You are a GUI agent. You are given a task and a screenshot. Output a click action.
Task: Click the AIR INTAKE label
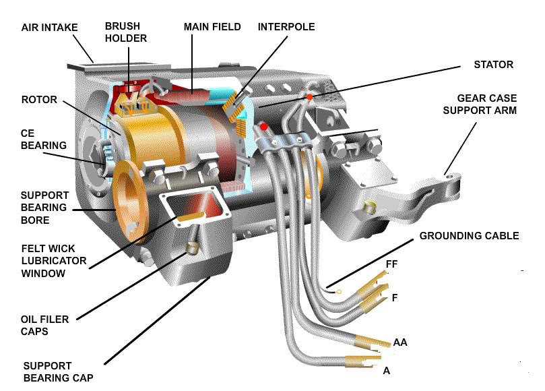click(49, 28)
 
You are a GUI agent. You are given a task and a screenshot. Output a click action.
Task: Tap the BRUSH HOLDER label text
click(125, 32)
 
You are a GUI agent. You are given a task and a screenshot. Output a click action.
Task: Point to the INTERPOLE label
click(286, 27)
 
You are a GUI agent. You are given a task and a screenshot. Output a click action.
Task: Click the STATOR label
click(494, 65)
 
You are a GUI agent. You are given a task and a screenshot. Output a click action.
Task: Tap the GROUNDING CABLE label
click(469, 236)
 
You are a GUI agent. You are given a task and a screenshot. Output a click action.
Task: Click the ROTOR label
click(39, 100)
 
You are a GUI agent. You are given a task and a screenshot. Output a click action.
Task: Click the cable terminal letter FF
click(391, 264)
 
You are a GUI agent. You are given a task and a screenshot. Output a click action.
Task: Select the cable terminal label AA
click(399, 343)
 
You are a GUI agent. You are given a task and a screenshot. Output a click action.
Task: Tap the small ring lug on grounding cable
click(338, 292)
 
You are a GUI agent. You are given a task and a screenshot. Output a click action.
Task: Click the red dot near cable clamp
click(264, 126)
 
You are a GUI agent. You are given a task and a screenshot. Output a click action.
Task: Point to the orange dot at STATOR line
click(309, 96)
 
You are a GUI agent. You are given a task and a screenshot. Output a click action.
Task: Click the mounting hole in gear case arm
click(449, 177)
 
